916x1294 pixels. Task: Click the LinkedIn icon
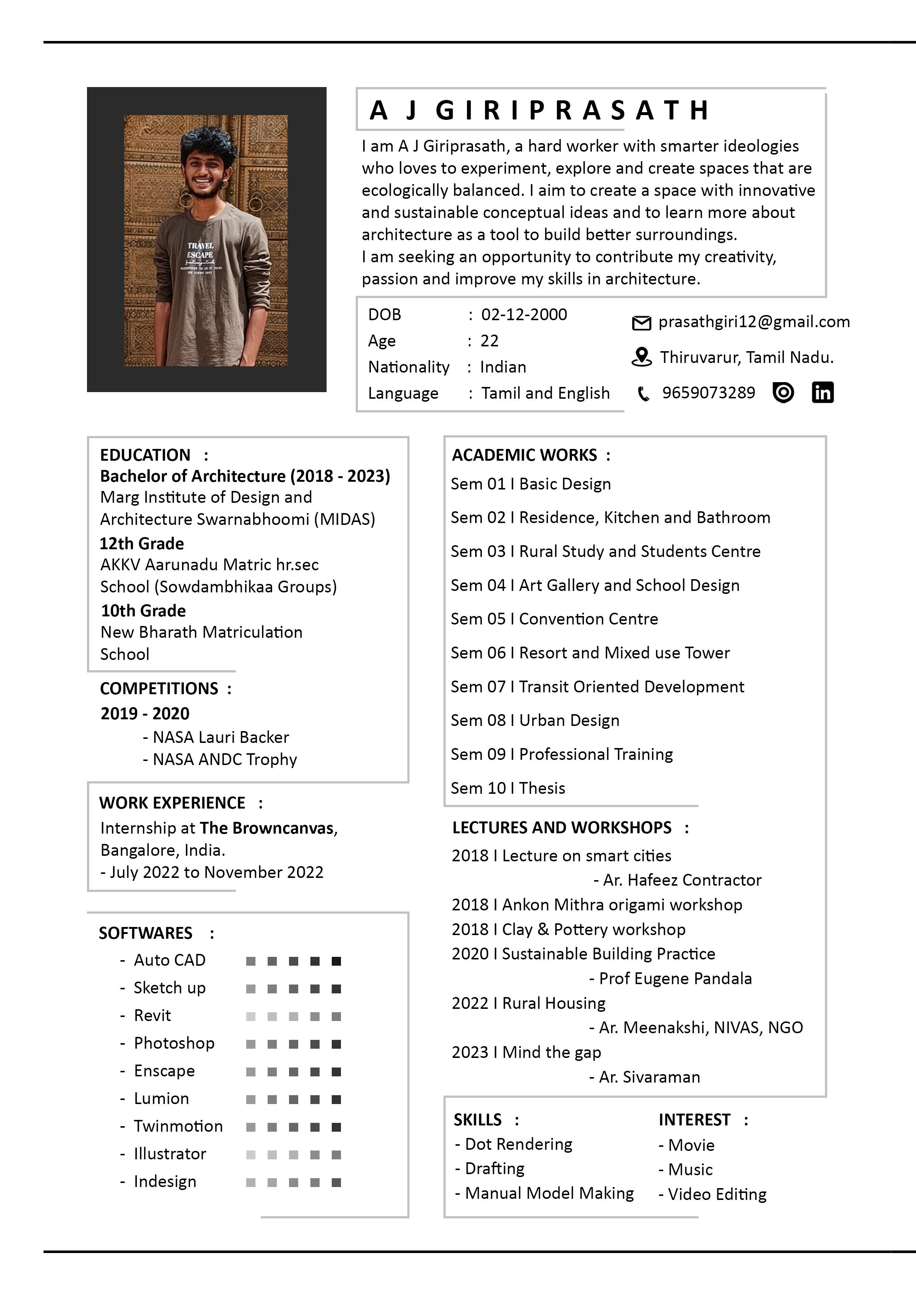coord(822,392)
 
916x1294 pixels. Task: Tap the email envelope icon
coord(641,323)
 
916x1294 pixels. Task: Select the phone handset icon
coord(643,393)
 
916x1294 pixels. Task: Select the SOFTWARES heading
coord(146,933)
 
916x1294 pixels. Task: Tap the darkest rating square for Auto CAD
coord(336,961)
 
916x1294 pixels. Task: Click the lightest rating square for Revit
coord(251,1016)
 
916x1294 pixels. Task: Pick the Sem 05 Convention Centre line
coord(554,619)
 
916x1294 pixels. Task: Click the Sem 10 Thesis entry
coord(508,788)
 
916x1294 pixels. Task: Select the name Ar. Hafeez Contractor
coord(681,880)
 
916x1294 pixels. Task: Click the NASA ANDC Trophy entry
coord(224,760)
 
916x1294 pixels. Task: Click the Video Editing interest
coord(716,1194)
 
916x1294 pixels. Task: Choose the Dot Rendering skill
coord(518,1144)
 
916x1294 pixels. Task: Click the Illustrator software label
coord(170,1153)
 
